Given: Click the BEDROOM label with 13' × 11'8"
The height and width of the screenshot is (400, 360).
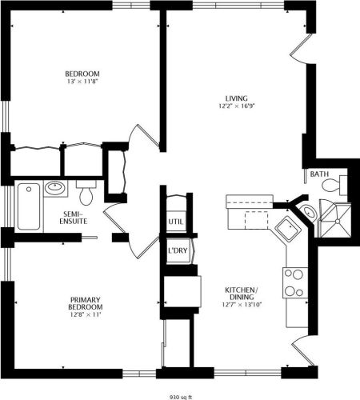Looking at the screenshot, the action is coord(82,74).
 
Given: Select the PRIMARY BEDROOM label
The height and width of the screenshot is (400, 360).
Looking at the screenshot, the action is coord(86,303).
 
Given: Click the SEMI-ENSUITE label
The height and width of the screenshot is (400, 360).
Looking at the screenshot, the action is coord(74,218).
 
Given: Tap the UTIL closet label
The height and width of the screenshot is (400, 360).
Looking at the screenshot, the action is coord(176,222).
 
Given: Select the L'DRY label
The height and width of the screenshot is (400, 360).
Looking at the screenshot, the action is coord(178,250).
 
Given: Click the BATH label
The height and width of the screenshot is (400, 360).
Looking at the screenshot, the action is coord(319,174).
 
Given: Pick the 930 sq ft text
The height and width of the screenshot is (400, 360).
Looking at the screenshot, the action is coord(181,397).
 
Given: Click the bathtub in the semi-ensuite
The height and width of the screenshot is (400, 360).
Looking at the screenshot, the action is coord(29,206).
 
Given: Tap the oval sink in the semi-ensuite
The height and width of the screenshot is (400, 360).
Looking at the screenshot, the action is coord(55,188).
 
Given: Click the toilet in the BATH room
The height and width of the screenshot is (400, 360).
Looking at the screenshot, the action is coord(334,185).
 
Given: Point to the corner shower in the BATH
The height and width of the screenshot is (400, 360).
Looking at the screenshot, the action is coord(335,220).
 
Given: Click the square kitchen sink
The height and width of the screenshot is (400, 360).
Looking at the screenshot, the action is coord(288,230).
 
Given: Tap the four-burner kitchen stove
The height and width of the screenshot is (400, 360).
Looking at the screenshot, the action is coord(295,282).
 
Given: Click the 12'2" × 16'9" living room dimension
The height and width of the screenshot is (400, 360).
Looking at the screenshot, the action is coord(237,106).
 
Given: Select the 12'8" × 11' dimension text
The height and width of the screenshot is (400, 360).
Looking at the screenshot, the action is coord(86,314).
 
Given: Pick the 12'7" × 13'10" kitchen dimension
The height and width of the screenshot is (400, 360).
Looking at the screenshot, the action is coord(242,305).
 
